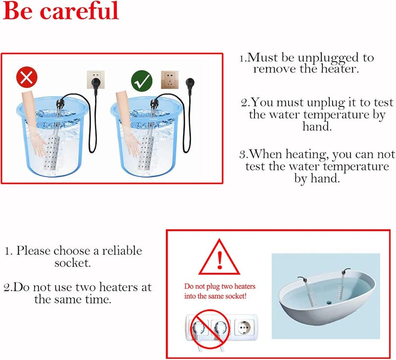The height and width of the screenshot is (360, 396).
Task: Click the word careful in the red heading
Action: [79, 10]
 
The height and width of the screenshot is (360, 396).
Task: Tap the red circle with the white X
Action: [27, 77]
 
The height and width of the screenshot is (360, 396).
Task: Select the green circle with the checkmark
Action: [142, 81]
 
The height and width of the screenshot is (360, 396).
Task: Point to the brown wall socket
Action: [170, 80]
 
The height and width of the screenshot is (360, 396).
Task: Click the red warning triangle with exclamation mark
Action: [219, 257]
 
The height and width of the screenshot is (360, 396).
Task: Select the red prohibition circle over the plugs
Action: [209, 329]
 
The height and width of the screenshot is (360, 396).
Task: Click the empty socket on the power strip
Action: [244, 327]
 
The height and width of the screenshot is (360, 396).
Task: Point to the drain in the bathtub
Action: [329, 302]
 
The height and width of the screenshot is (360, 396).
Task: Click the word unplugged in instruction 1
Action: [329, 58]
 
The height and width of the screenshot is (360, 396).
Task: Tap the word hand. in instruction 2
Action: [317, 126]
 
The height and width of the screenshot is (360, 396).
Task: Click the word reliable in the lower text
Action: [122, 251]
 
